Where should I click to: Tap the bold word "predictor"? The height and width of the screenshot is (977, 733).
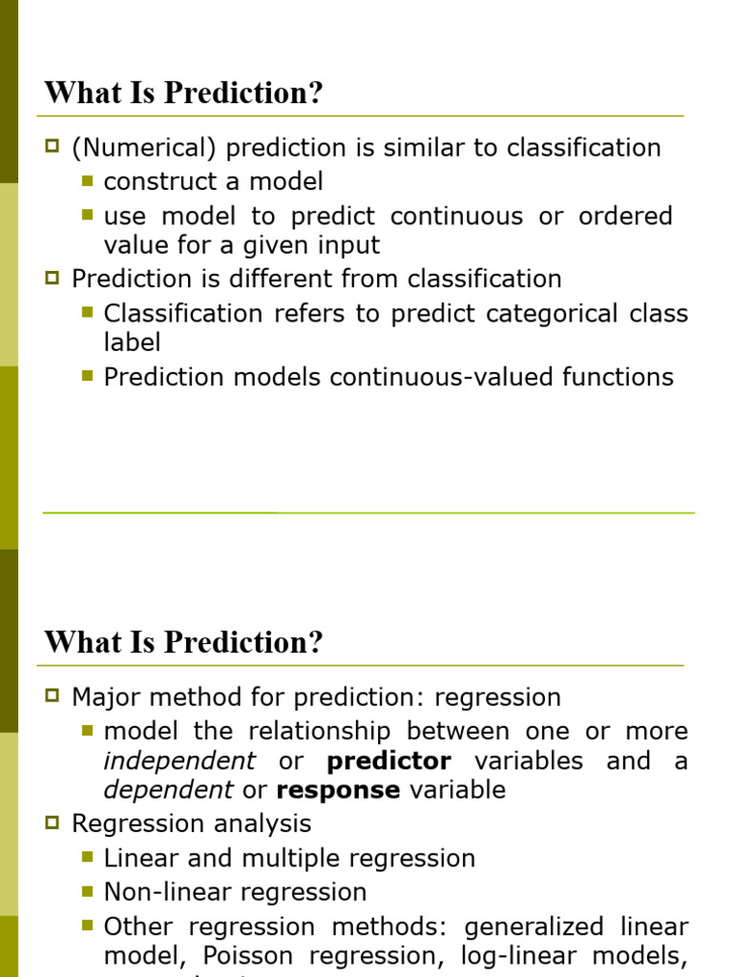(388, 761)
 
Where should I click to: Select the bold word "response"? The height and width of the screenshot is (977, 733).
(338, 790)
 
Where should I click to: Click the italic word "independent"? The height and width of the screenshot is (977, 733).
(179, 761)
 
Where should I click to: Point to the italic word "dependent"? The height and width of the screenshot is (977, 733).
(168, 790)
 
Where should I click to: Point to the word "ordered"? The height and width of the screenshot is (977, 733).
(625, 216)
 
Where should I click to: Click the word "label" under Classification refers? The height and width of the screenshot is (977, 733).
(132, 342)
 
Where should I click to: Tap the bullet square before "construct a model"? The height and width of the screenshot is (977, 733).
(88, 179)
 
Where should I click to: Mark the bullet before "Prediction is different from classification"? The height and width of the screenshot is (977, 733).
(52, 278)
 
